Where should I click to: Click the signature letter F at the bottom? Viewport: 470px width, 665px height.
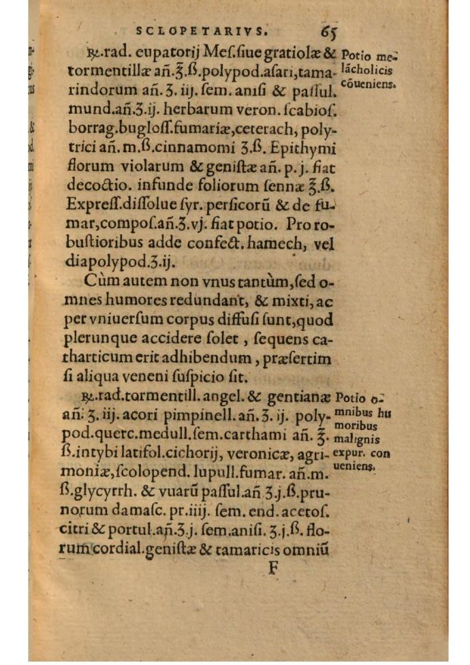273,567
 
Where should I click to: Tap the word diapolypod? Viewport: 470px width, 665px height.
109,260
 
